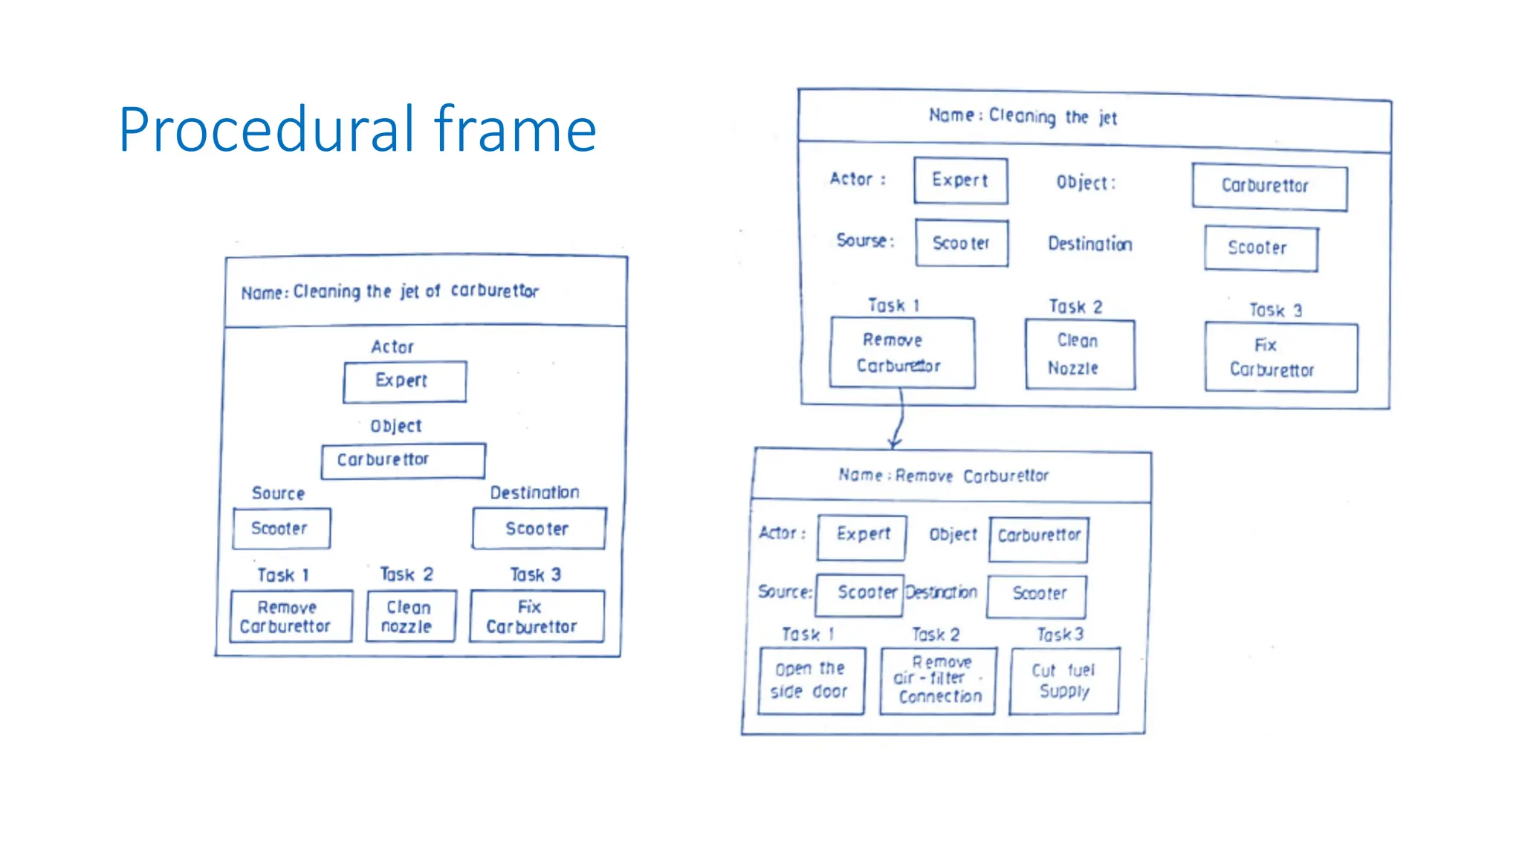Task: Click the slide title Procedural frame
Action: (357, 130)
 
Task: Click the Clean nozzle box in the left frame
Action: (411, 616)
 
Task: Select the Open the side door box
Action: (811, 681)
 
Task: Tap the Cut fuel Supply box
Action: (1064, 681)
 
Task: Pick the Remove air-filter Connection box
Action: (938, 681)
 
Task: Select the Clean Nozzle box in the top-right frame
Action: (1080, 354)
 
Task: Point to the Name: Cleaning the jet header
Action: (1023, 117)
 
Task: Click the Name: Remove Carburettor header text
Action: (943, 476)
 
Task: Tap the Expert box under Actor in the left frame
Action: (404, 382)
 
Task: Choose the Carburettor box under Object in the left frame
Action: (403, 461)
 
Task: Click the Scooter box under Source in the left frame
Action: (281, 528)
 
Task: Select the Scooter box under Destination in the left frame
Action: (539, 528)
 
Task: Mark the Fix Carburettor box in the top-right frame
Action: (1280, 357)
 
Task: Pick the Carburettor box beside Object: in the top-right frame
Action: (1269, 187)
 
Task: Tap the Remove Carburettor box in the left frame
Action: (291, 616)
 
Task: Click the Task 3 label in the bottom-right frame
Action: (1060, 635)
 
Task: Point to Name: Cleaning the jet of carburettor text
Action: (389, 291)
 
